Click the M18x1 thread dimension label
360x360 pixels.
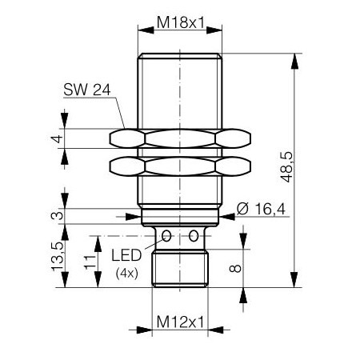[179, 22]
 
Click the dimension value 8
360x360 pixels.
[236, 268]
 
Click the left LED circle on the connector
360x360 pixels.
[166, 236]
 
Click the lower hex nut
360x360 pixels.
[180, 168]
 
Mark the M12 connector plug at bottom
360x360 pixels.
[180, 268]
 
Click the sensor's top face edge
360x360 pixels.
[180, 54]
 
